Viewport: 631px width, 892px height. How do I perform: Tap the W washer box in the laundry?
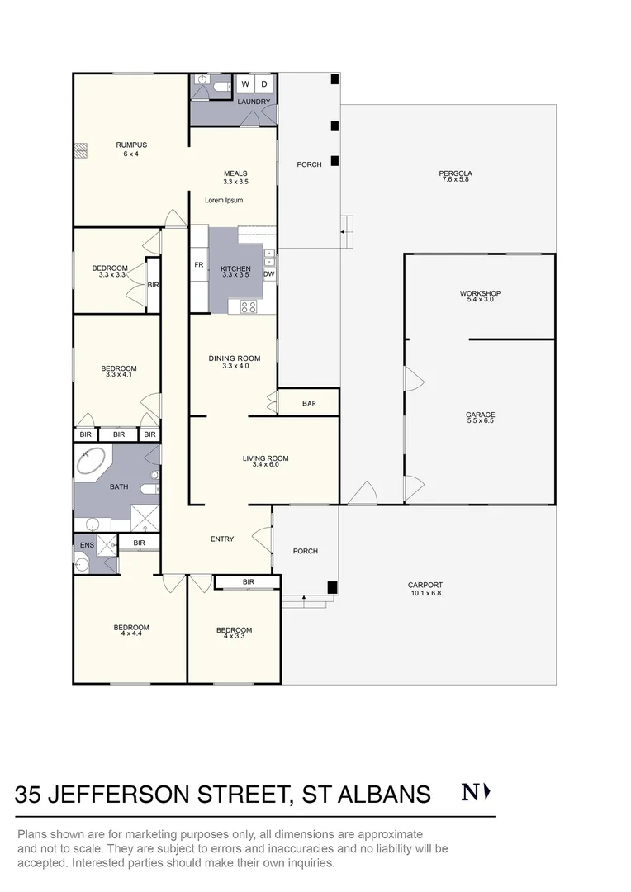tap(245, 84)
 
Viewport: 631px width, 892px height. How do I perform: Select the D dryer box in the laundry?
tap(264, 84)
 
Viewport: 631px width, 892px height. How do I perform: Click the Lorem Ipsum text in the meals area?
tap(224, 200)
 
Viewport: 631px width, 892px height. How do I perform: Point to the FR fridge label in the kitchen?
tap(198, 265)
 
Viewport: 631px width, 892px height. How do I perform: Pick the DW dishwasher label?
tap(269, 274)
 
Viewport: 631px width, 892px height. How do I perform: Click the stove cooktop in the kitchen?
tap(248, 306)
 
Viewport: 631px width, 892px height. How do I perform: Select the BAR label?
tap(310, 404)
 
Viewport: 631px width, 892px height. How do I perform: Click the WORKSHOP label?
tap(480, 294)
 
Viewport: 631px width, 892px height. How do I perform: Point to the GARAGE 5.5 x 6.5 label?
tap(480, 416)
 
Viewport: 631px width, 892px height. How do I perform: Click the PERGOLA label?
tap(455, 173)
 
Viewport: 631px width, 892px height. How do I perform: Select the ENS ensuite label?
tap(87, 545)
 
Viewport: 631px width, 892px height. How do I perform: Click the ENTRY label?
tap(222, 539)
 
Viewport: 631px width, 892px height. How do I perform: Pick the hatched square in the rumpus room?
tap(80, 150)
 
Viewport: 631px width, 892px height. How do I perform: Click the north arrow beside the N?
tap(487, 793)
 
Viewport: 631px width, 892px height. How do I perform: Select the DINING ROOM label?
tap(235, 358)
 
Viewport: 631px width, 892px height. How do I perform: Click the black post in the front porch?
tap(332, 587)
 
